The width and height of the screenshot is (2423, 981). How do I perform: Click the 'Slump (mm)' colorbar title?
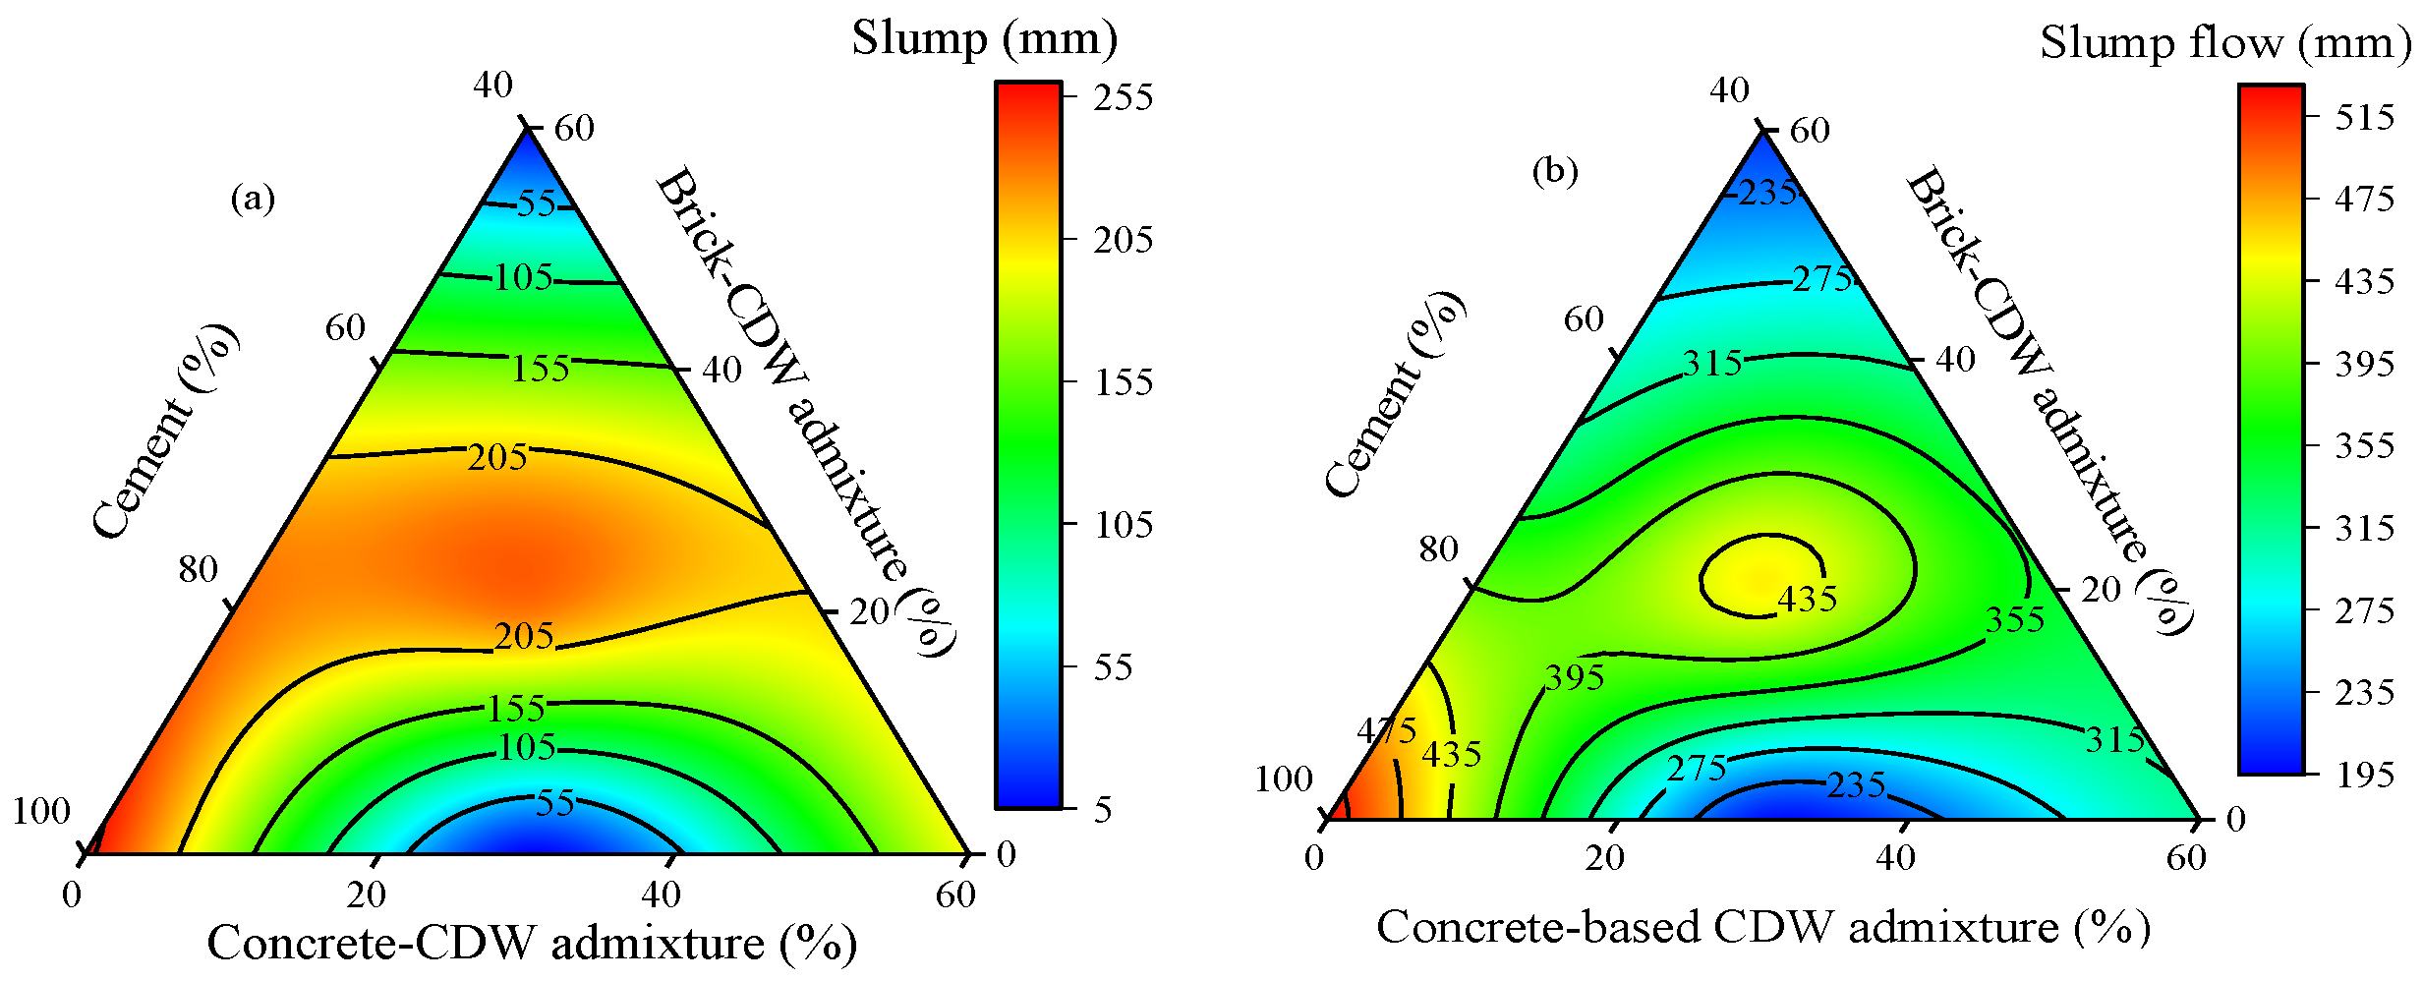click(984, 39)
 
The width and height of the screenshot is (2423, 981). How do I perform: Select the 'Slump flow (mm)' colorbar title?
click(2225, 43)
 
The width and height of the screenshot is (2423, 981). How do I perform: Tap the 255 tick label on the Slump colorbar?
click(1123, 97)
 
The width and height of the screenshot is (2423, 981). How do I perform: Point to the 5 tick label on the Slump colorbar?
click(1103, 809)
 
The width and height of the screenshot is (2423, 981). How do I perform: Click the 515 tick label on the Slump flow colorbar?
click(2364, 118)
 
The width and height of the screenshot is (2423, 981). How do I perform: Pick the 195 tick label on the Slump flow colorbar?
click(2364, 775)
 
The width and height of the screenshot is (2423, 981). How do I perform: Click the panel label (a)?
click(253, 200)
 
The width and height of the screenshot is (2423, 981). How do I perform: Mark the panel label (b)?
click(1555, 172)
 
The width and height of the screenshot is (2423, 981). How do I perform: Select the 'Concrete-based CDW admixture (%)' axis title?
click(1763, 928)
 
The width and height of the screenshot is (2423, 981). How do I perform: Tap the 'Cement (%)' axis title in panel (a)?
click(165, 431)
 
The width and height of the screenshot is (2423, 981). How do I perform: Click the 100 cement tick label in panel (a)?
click(41, 811)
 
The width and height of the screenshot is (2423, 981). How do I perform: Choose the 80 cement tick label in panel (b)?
click(1438, 548)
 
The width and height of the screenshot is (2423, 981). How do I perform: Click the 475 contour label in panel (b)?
click(1387, 730)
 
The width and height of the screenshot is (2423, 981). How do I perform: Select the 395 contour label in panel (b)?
click(1575, 677)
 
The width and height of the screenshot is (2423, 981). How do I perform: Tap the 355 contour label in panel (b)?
click(2015, 620)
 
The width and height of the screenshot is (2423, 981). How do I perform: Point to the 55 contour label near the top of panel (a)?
click(537, 203)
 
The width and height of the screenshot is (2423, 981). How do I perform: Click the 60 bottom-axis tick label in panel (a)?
click(955, 894)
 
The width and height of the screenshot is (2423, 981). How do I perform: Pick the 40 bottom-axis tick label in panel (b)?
click(1895, 858)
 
